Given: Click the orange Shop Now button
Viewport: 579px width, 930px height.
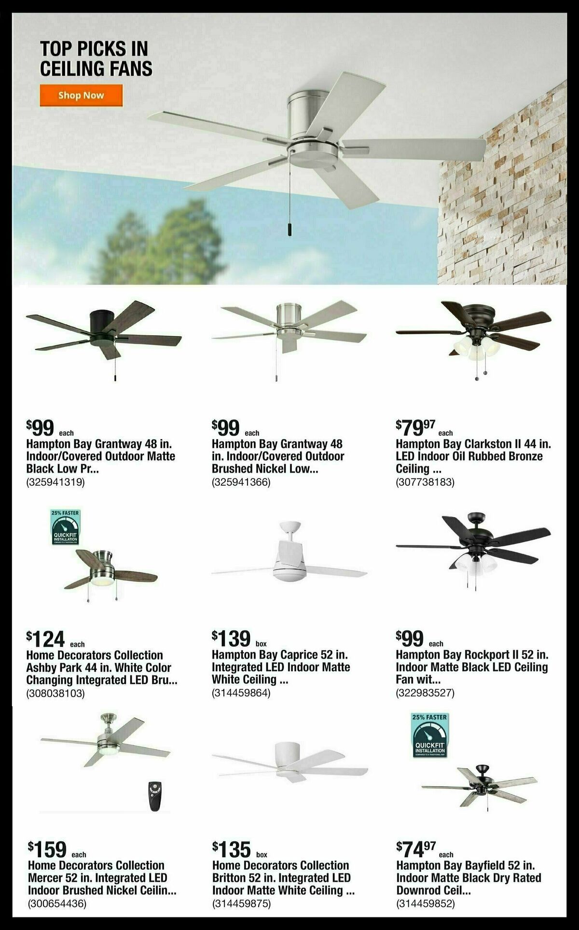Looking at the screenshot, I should point(81,95).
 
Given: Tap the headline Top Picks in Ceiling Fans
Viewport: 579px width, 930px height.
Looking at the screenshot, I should point(96,59).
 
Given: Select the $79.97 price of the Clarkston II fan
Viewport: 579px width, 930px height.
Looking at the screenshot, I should point(416,427).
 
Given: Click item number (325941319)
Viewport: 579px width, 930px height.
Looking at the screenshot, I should point(55,481).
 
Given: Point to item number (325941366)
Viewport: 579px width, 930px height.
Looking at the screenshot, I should point(241,481).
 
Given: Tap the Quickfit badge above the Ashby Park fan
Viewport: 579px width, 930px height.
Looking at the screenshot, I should point(65,527).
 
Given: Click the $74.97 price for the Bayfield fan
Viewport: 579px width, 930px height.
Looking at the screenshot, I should point(416,847).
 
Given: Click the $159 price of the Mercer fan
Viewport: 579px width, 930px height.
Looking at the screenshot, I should point(47,848).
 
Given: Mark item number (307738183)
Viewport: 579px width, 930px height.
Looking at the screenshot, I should point(425,481).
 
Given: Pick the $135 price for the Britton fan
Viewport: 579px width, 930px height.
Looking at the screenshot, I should point(232,848).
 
